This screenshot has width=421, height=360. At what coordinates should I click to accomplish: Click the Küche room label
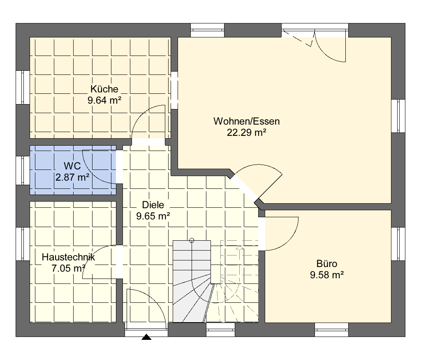(104, 89)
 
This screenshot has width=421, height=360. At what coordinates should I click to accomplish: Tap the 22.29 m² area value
(247, 132)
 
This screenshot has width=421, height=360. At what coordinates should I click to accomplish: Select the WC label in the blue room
(72, 166)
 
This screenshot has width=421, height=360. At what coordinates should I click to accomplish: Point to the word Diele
(153, 205)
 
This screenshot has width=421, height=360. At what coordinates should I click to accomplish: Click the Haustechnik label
(69, 257)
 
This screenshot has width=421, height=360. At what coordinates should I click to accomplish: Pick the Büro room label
(327, 264)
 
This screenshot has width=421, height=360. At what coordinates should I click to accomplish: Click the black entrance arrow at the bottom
(146, 337)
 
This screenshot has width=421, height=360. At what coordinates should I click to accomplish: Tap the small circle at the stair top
(192, 240)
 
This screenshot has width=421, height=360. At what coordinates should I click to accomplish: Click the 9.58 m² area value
(327, 275)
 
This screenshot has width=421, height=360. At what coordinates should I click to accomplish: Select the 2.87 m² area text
(72, 177)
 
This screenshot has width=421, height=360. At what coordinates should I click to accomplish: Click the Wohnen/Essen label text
(247, 121)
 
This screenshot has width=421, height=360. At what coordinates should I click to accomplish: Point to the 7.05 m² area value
(69, 268)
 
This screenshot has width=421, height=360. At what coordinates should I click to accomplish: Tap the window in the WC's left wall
(23, 170)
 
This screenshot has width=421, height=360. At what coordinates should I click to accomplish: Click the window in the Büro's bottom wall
(331, 330)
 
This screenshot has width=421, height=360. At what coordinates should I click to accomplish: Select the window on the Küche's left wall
(23, 87)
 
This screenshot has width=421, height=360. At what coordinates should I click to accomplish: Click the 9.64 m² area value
(104, 100)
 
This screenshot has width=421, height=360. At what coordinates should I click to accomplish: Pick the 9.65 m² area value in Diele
(153, 216)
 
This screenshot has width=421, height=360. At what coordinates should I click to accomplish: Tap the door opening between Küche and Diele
(148, 142)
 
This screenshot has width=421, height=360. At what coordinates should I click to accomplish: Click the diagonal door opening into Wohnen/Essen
(244, 188)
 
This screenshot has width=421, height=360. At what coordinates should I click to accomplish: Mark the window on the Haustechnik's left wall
(23, 244)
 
